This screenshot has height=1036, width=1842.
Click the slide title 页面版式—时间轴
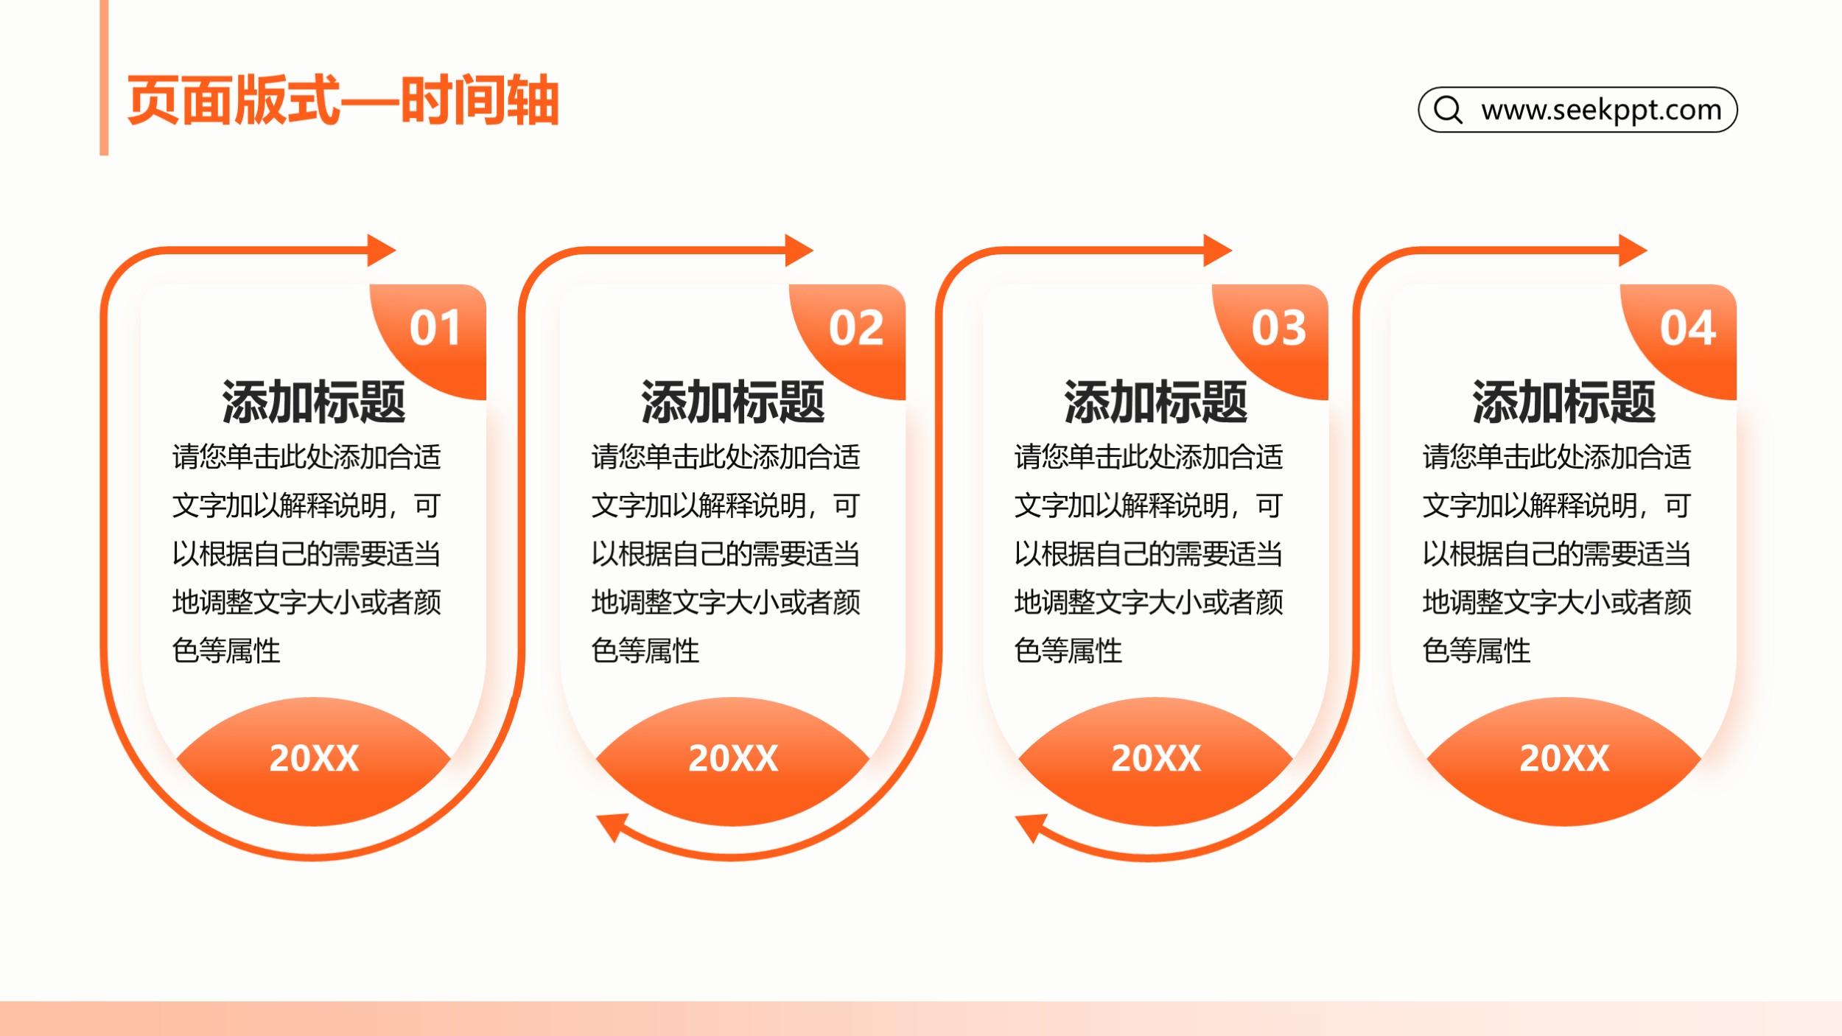343,100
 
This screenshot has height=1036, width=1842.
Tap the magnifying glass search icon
1448,110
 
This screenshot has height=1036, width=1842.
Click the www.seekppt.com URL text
1601,111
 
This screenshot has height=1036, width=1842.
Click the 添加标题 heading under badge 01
314,402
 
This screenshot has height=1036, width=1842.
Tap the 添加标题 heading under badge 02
733,402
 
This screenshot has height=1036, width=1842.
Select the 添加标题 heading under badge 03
1156,402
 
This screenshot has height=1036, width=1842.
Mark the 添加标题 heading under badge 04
1564,402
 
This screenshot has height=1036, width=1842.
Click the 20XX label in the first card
314,758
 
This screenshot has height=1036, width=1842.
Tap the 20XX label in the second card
733,758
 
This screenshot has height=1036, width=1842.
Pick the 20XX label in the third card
1156,758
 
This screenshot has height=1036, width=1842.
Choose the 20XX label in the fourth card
1564,758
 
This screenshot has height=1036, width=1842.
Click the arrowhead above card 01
381,251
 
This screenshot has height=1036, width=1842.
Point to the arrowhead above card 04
1632,251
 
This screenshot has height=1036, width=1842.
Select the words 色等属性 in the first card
226,651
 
